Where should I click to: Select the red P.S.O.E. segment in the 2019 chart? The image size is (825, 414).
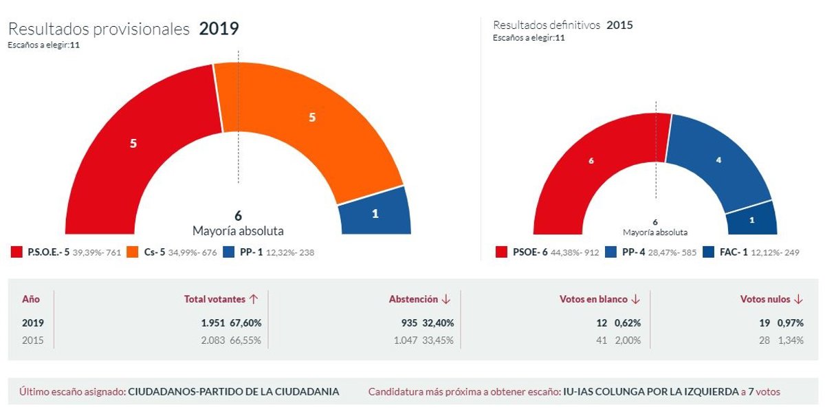click(133, 144)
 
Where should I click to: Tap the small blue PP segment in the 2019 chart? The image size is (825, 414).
click(375, 213)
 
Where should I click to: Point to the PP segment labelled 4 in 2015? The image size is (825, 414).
click(718, 160)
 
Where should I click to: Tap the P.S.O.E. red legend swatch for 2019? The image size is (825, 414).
click(16, 252)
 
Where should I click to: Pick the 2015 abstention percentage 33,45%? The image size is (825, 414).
click(437, 340)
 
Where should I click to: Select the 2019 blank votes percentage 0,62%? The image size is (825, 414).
click(626, 323)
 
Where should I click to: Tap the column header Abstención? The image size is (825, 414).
click(413, 299)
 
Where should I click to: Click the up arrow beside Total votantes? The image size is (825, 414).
click(254, 299)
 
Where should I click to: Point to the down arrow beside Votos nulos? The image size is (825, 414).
click(798, 299)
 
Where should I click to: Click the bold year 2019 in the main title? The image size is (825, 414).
click(219, 29)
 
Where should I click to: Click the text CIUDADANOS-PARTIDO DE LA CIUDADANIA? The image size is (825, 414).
click(234, 391)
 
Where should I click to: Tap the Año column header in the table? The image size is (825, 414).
click(31, 299)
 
